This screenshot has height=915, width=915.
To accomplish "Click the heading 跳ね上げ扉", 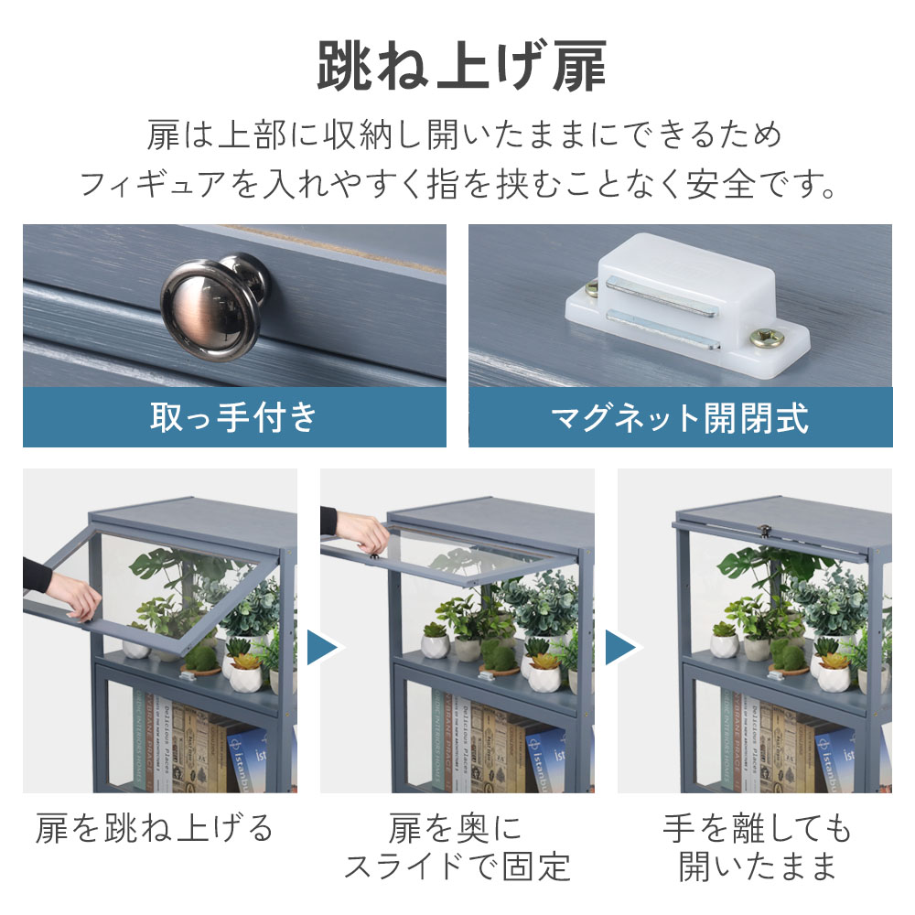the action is point(461,66).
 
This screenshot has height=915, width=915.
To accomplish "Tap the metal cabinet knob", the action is point(215,306).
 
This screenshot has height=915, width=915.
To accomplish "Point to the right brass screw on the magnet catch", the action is point(766,338).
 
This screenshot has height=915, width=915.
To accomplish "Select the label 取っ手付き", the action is point(233,417).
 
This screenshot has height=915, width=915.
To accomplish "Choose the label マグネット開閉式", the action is point(680,418).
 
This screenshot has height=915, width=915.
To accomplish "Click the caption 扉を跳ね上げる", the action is point(154,829).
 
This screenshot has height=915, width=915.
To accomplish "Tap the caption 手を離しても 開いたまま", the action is point(757,847).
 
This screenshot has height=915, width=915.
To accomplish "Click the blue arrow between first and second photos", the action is point(321,647).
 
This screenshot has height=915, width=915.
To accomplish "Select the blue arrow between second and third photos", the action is point(620,647).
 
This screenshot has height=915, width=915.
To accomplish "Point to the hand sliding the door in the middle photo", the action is point(362,533).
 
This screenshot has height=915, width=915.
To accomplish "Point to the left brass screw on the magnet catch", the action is point(590,287).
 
